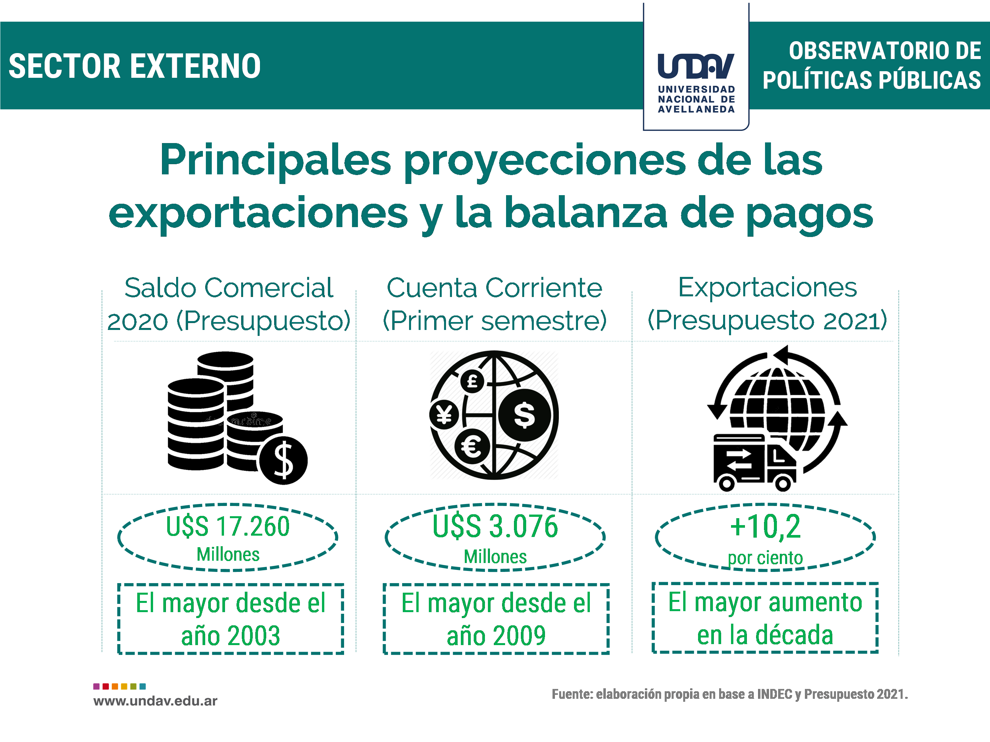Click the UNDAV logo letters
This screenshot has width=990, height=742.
pyautogui.click(x=696, y=66)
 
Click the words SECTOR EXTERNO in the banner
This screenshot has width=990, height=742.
pyautogui.click(x=135, y=66)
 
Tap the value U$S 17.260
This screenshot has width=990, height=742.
pyautogui.click(x=228, y=526)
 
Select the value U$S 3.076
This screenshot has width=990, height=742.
pyautogui.click(x=495, y=526)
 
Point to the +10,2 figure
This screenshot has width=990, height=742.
pyautogui.click(x=765, y=526)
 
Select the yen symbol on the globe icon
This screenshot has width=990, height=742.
pyautogui.click(x=444, y=415)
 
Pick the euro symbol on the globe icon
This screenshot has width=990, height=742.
pyautogui.click(x=471, y=447)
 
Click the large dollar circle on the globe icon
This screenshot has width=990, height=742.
pyautogui.click(x=524, y=415)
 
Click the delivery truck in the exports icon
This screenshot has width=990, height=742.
pyautogui.click(x=754, y=462)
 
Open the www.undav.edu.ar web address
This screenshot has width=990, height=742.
pyautogui.click(x=155, y=701)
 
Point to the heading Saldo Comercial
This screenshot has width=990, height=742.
pyautogui.click(x=229, y=287)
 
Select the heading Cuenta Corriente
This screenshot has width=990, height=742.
pyautogui.click(x=495, y=287)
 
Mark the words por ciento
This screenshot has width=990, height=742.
pyautogui.click(x=765, y=558)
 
